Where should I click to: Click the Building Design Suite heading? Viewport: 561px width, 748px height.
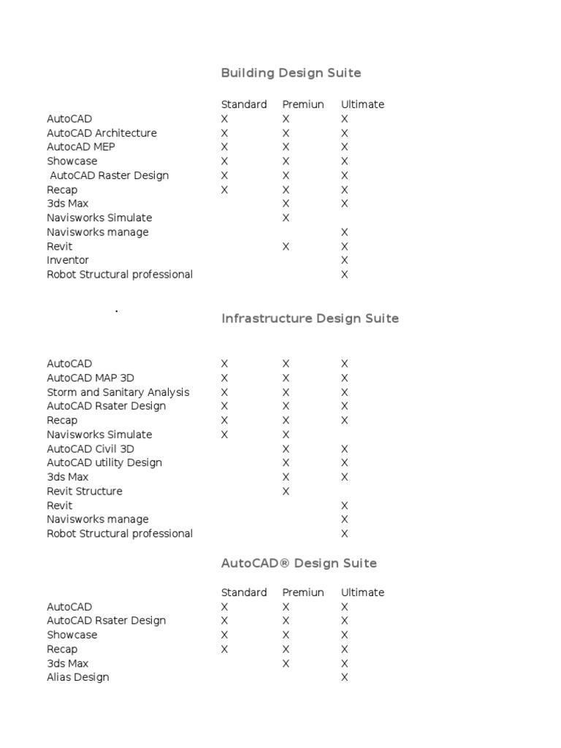pyautogui.click(x=291, y=73)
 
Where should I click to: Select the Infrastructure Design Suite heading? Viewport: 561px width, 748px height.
pyautogui.click(x=310, y=318)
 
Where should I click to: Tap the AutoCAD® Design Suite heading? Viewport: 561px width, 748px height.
pyautogui.click(x=299, y=563)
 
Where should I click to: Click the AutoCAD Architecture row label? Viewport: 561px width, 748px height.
pyautogui.click(x=102, y=133)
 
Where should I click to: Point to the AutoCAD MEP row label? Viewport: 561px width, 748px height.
pyautogui.click(x=81, y=147)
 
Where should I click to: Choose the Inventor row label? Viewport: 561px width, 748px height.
pyautogui.click(x=68, y=260)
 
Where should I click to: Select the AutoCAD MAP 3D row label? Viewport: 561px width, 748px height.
pyautogui.click(x=91, y=378)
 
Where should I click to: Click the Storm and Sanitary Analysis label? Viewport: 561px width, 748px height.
pyautogui.click(x=118, y=392)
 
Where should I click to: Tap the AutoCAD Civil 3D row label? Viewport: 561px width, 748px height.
pyautogui.click(x=91, y=449)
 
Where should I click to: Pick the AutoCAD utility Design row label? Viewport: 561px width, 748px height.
pyautogui.click(x=104, y=462)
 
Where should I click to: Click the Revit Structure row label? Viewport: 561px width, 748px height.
pyautogui.click(x=85, y=491)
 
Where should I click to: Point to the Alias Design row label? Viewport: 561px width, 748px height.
pyautogui.click(x=78, y=677)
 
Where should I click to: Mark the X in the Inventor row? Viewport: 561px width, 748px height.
pyautogui.click(x=345, y=260)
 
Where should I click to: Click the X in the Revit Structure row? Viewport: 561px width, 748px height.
pyautogui.click(x=286, y=491)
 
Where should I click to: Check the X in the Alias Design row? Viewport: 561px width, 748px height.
pyautogui.click(x=345, y=677)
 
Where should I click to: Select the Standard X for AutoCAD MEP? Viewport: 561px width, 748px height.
pyautogui.click(x=225, y=147)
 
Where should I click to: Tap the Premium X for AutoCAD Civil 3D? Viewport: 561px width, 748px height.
pyautogui.click(x=286, y=449)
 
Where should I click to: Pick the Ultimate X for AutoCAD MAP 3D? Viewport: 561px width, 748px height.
pyautogui.click(x=345, y=378)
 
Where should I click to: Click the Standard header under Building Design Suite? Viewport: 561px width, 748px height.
pyautogui.click(x=244, y=104)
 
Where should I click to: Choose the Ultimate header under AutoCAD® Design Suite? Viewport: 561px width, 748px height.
pyautogui.click(x=362, y=592)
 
